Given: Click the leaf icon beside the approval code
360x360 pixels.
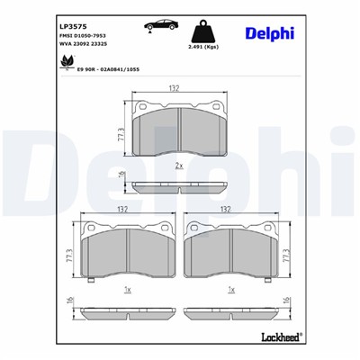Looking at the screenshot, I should [65, 61].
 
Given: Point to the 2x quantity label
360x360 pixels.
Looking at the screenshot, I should [179, 166].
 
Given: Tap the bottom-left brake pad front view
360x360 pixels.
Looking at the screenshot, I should [126, 252].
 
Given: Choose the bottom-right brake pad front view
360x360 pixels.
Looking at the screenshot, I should [231, 252].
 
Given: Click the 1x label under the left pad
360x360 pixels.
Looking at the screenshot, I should [127, 290].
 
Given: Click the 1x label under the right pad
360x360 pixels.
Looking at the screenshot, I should [231, 290].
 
